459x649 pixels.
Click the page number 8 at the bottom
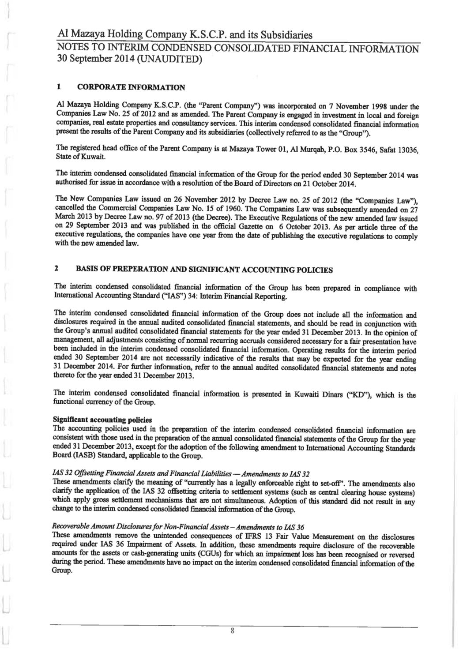tap(233, 631)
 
